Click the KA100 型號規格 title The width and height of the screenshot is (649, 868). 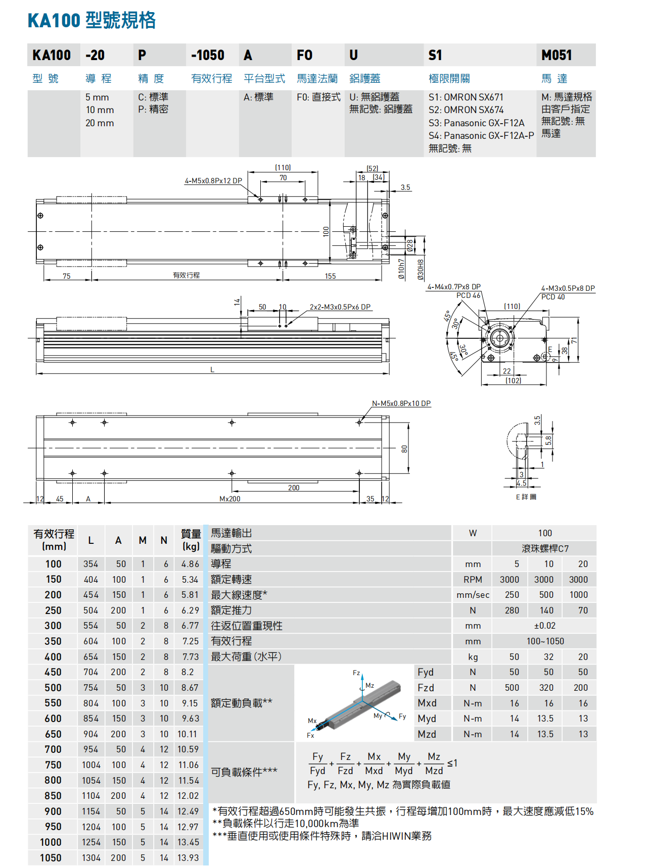coord(91,21)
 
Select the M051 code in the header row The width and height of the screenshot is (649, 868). coord(557,55)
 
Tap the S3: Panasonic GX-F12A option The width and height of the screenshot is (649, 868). coord(476,123)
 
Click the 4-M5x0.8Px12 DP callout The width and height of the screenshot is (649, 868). coord(213,181)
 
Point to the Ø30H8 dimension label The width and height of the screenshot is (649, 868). coord(420,270)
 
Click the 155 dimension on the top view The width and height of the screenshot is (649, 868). coord(330,276)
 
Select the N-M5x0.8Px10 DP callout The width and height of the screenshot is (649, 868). coord(401,403)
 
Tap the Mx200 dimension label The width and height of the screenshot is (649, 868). coord(230,499)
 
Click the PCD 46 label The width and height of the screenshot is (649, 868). coord(468,295)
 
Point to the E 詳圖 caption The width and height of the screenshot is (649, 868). coord(526,497)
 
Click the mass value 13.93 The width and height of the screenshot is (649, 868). coord(188,858)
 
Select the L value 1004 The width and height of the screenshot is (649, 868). coord(91,765)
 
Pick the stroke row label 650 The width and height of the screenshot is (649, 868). coord(53,734)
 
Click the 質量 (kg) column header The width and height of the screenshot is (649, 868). coord(191,540)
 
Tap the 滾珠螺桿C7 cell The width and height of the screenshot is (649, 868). coord(545,548)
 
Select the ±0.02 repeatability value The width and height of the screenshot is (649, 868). coord(545,626)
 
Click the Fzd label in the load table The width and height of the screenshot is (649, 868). coord(426,688)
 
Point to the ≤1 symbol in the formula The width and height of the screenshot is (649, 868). coord(452,763)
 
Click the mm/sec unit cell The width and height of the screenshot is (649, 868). coord(473,595)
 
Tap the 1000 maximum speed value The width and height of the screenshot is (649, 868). coord(578,595)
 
